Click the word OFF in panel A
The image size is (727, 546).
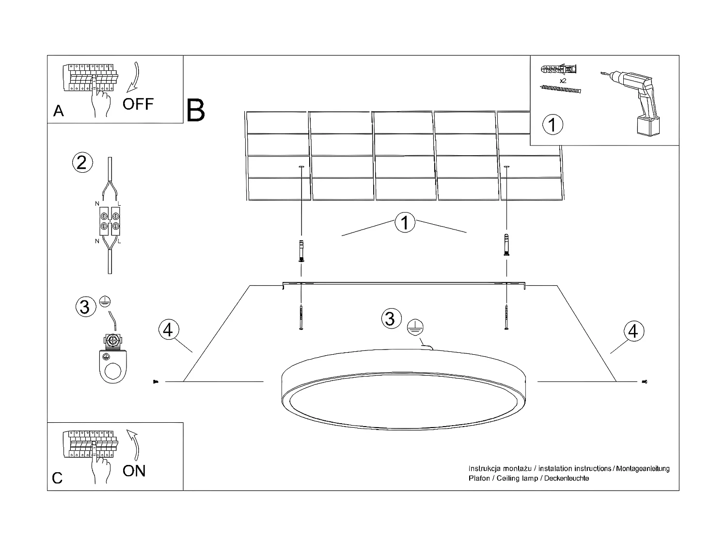tap(138, 104)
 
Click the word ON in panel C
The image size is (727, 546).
tap(134, 471)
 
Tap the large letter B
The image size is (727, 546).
tap(195, 111)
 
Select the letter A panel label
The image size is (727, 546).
tap(58, 111)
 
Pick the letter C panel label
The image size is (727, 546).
tap(57, 478)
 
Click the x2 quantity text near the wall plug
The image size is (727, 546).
tap(563, 81)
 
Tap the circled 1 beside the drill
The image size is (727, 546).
tap(552, 124)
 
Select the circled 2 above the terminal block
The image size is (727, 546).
tap(81, 162)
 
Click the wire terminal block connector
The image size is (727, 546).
tap(110, 220)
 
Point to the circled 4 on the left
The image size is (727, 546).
tap(168, 330)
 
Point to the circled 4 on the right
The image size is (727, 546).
tap(633, 331)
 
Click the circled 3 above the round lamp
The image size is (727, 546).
tap(389, 318)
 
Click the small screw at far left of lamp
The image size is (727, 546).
tap(155, 382)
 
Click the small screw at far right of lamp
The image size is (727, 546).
tap(645, 382)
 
